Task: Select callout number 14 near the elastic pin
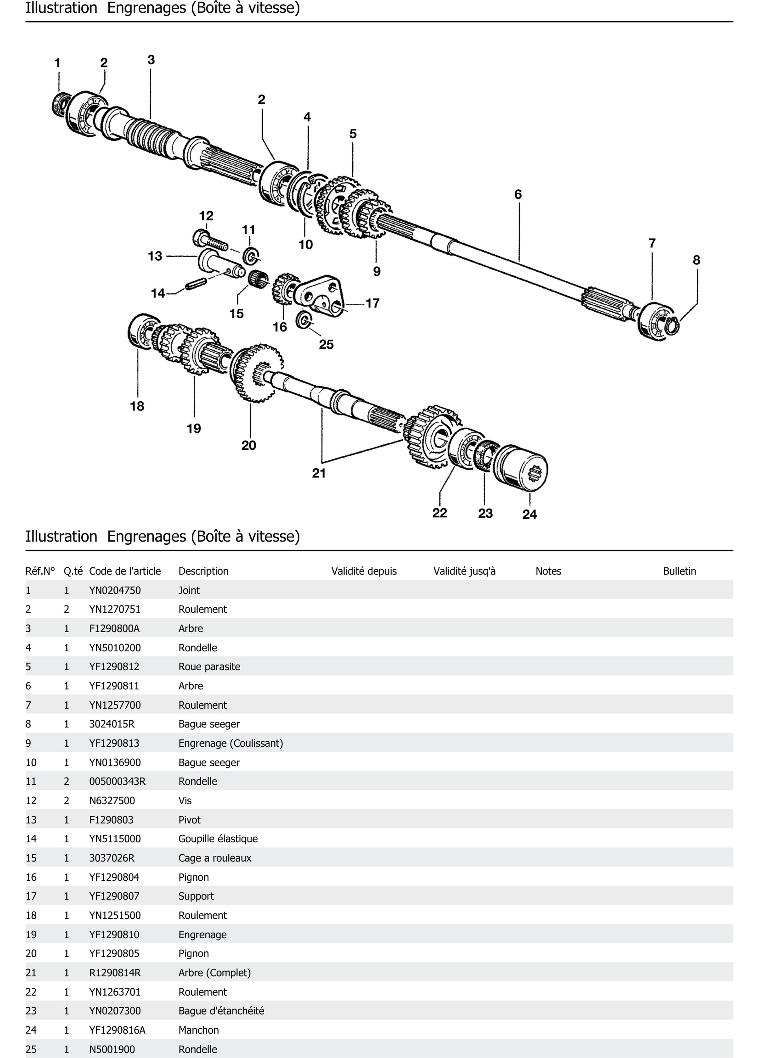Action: [158, 294]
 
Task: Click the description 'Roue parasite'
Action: [209, 667]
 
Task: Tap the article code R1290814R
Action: [115, 973]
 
